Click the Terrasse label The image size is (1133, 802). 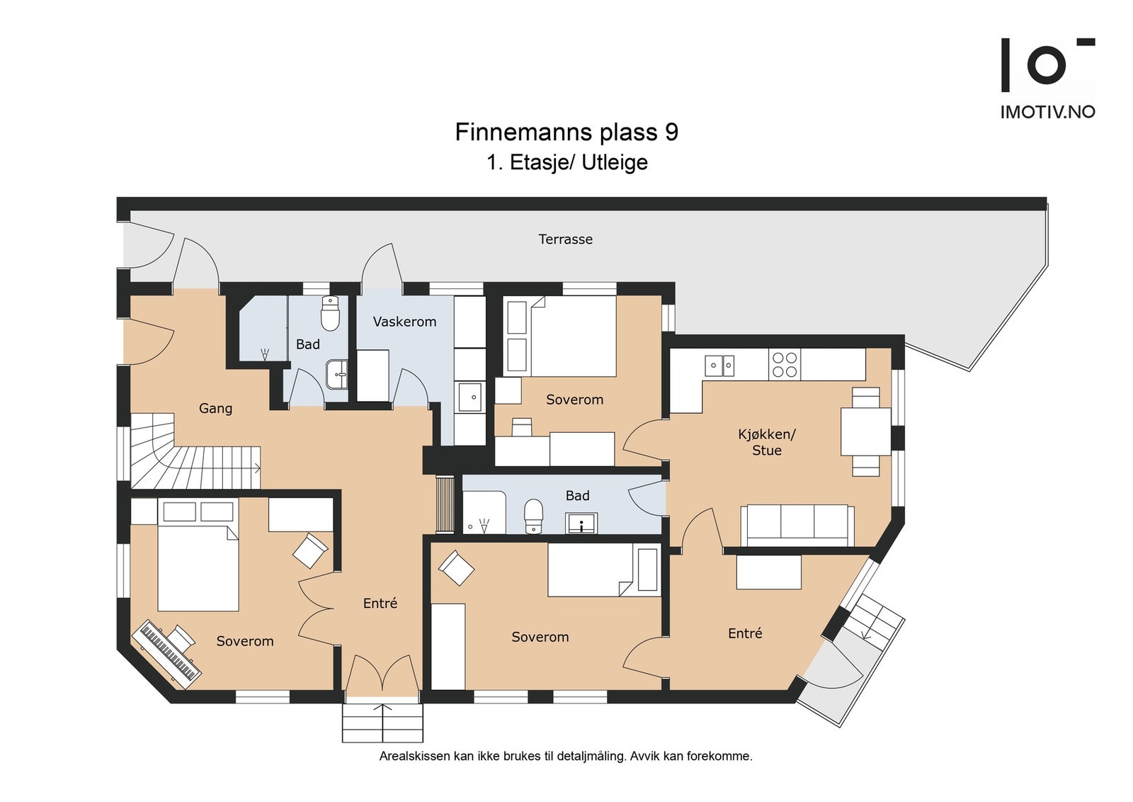[x=565, y=239]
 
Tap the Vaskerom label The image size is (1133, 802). [x=404, y=322]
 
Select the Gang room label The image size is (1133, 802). [x=215, y=408]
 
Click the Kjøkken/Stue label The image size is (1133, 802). [x=766, y=441]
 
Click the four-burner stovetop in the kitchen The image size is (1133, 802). [x=785, y=365]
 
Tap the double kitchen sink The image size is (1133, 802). [x=719, y=366]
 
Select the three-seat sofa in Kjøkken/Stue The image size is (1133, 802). [x=797, y=525]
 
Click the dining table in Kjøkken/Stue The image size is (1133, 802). [x=865, y=431]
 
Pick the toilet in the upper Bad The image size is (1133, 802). [x=330, y=314]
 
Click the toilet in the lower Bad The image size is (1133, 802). [x=533, y=516]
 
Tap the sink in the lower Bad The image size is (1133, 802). [x=582, y=523]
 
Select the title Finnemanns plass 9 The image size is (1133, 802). [x=566, y=132]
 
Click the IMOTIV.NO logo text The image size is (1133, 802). [x=1047, y=112]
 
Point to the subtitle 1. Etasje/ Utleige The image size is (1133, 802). [x=567, y=162]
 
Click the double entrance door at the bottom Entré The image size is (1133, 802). [x=382, y=675]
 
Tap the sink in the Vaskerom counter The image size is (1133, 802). [x=470, y=397]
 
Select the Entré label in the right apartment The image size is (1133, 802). [x=744, y=633]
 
